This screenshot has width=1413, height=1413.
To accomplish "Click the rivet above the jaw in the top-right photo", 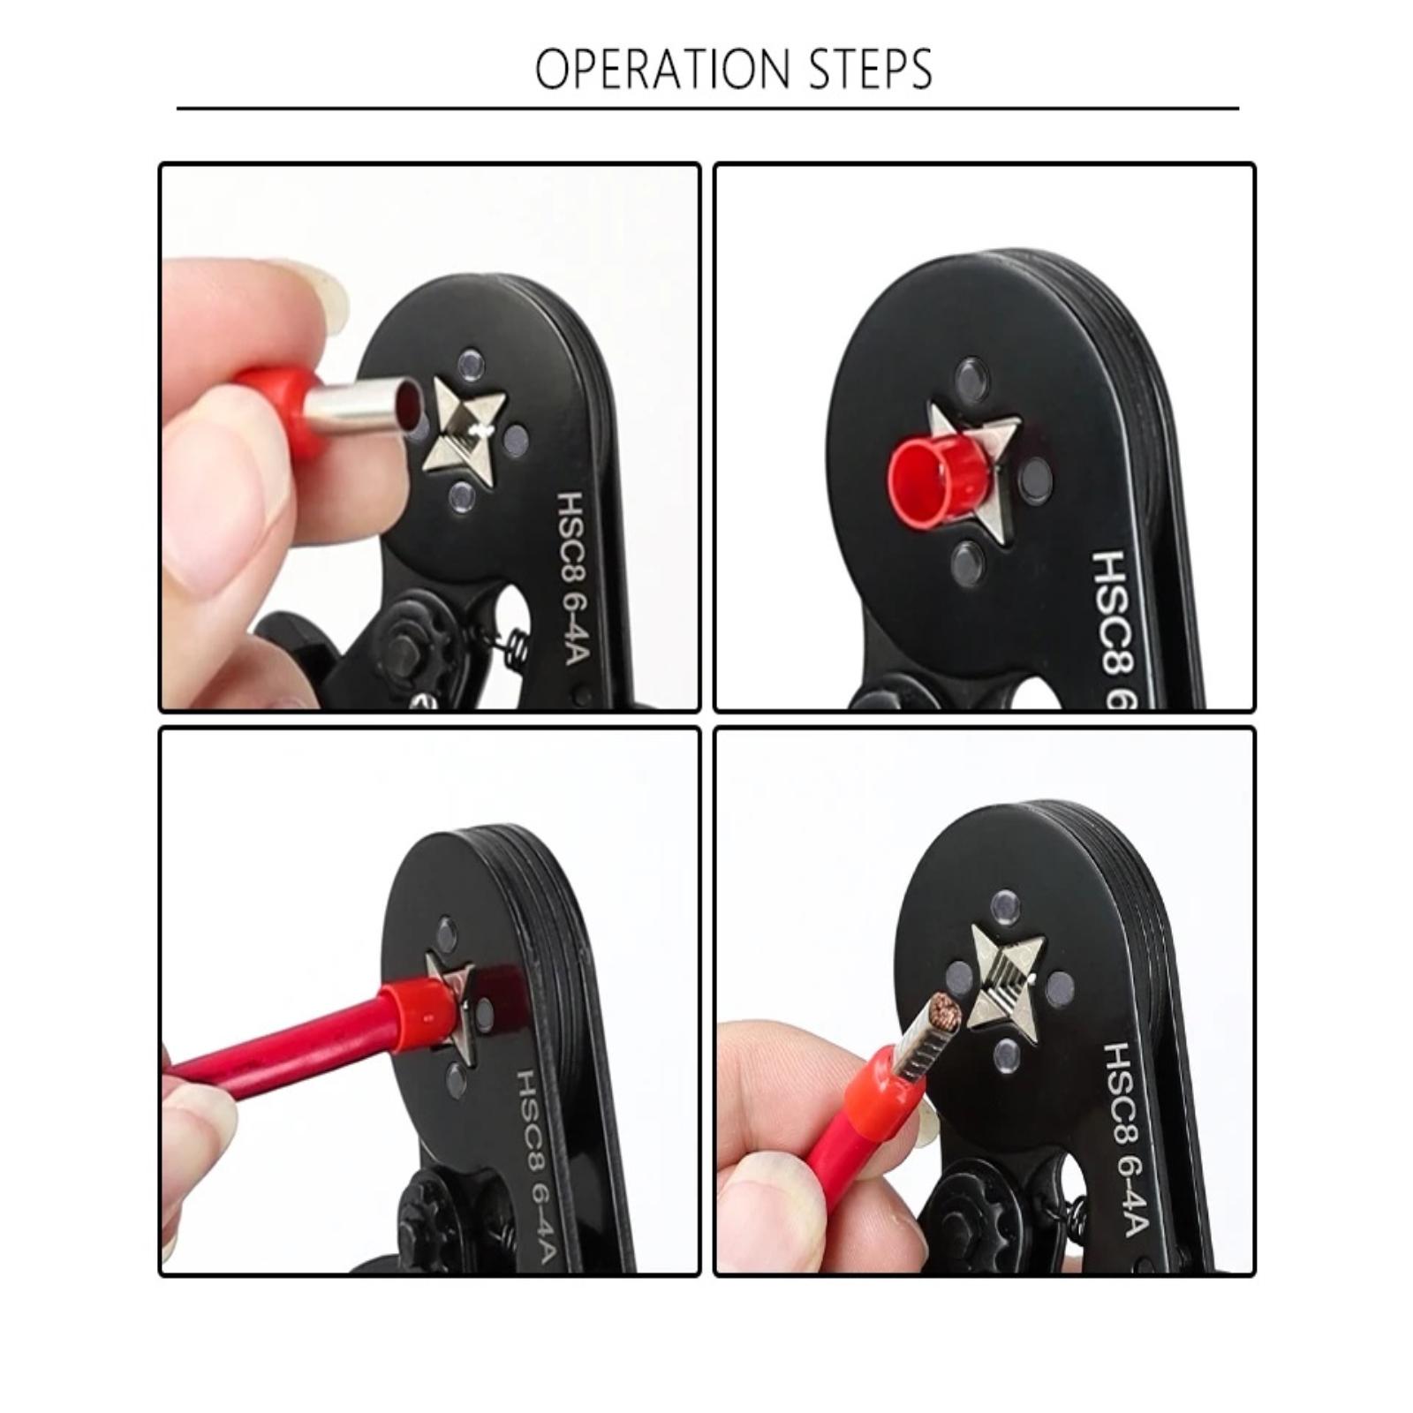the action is click(x=971, y=376).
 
